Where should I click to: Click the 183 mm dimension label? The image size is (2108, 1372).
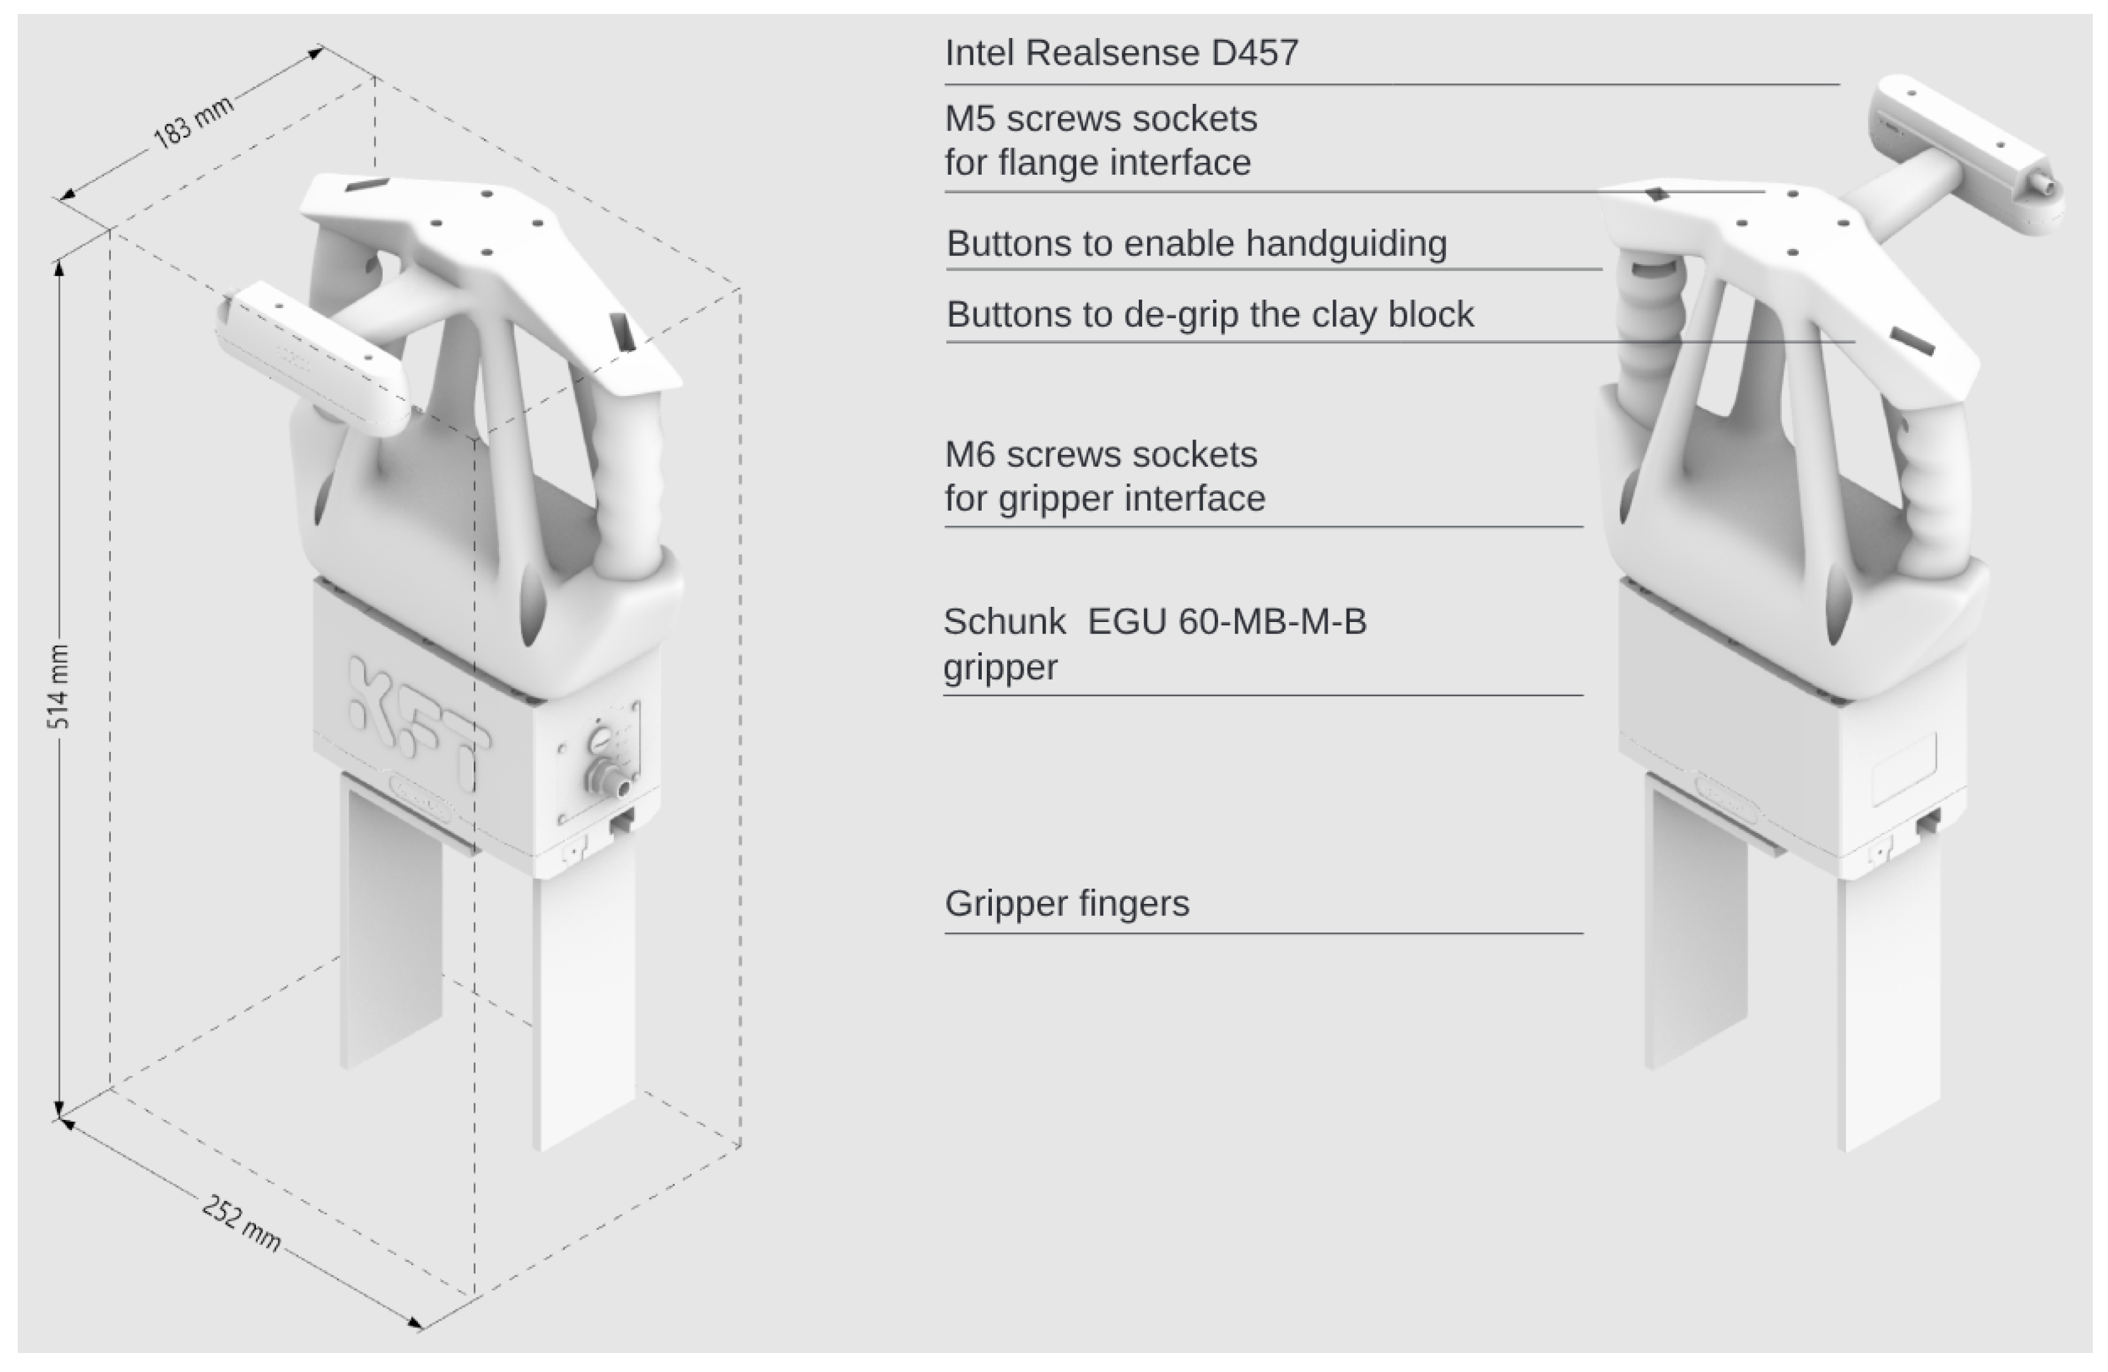pos(193,122)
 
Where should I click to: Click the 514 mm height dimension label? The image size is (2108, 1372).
pos(58,687)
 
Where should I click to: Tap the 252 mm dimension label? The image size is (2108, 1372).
pos(241,1223)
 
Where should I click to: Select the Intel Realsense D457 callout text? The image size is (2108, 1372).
pos(1121,53)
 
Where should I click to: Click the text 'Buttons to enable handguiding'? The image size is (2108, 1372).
pos(1197,244)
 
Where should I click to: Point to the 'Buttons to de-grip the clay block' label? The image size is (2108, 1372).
pos(1210,314)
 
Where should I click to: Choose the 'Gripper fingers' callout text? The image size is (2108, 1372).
pos(1067,903)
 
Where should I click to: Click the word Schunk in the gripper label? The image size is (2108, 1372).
pos(1005,622)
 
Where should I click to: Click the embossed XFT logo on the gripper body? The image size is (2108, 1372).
pos(416,722)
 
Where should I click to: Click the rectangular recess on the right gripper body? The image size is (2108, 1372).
pos(1904,767)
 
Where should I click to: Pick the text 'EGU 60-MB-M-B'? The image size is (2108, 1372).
pos(1227,622)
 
